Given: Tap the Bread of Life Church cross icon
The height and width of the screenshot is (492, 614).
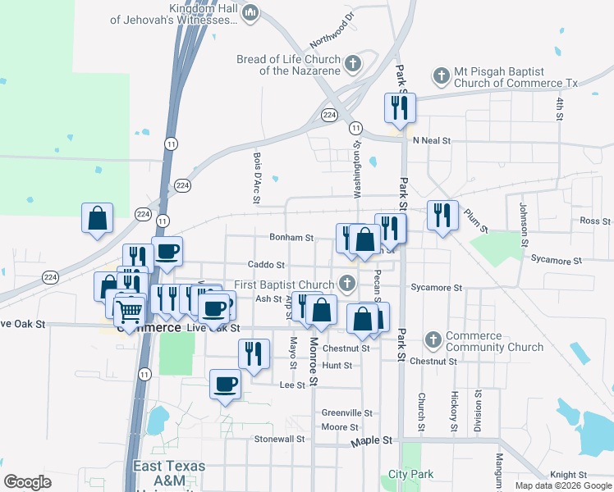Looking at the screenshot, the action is point(354,64).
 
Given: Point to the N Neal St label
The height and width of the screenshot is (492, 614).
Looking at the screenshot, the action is point(432,141).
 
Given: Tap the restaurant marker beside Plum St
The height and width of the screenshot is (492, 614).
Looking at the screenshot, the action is point(442,216).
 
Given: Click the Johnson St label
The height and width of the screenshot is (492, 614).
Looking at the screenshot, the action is point(523,224).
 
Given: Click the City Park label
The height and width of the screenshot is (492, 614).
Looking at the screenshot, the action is point(410,475).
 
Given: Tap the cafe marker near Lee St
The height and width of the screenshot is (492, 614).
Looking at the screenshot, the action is point(226,385).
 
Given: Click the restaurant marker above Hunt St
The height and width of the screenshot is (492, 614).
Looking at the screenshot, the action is point(254,353).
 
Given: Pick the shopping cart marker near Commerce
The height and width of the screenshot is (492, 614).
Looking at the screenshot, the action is point(128,312).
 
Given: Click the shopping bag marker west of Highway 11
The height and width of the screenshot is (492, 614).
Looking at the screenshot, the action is point(97,219).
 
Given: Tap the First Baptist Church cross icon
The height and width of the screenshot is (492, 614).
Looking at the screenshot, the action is point(347,284).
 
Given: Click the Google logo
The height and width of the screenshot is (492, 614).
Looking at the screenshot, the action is point(28,482).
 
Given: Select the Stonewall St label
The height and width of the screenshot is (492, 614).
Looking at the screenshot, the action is point(279,439).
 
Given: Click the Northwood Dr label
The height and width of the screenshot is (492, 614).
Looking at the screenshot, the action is point(332,30).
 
